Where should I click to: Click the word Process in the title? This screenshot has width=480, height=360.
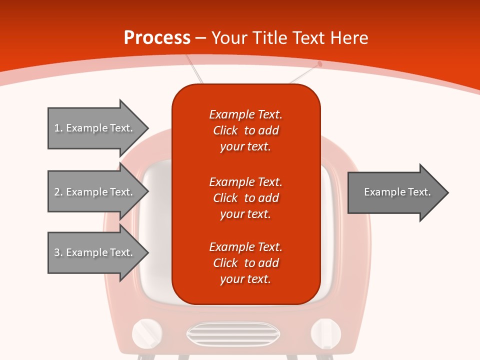157,38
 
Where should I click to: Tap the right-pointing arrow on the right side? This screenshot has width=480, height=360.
397,192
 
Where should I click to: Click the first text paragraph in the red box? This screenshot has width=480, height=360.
245,130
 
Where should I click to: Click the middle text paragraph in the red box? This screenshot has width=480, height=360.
245,197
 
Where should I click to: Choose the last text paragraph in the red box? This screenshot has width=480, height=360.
245,263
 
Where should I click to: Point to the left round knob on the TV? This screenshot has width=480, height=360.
147,333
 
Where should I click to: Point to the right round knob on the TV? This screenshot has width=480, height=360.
326,333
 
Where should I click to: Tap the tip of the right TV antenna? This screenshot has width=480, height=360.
320,64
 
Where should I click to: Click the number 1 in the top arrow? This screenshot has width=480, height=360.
57,128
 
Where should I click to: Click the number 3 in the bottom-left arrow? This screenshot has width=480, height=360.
57,252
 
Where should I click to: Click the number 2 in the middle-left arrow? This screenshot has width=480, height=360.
57,192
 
